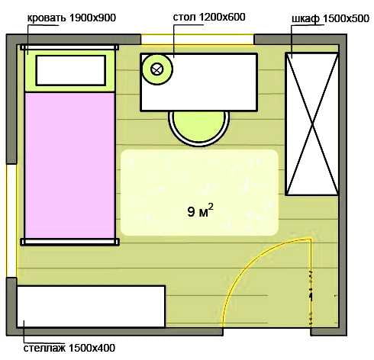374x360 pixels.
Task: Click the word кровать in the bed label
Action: (x=46, y=18)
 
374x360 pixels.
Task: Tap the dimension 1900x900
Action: (x=92, y=18)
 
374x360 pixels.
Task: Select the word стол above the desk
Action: (x=185, y=18)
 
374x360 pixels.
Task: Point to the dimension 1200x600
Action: (x=222, y=17)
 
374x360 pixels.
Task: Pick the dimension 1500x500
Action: (x=346, y=18)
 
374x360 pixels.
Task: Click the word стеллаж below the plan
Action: (x=44, y=348)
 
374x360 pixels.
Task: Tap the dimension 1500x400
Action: (x=92, y=348)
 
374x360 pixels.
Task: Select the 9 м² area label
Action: (x=200, y=211)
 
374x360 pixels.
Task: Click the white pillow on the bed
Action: (x=71, y=70)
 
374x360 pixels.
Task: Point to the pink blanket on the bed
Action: (x=69, y=166)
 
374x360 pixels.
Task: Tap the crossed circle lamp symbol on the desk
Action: (x=156, y=69)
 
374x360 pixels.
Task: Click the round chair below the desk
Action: (x=199, y=128)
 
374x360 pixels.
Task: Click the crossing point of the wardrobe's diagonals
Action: (x=312, y=124)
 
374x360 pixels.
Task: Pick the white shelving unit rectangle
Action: (x=91, y=307)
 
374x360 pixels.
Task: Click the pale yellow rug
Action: (x=199, y=192)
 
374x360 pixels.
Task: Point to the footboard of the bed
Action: (x=69, y=242)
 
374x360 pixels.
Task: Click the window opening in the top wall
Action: (x=198, y=40)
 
